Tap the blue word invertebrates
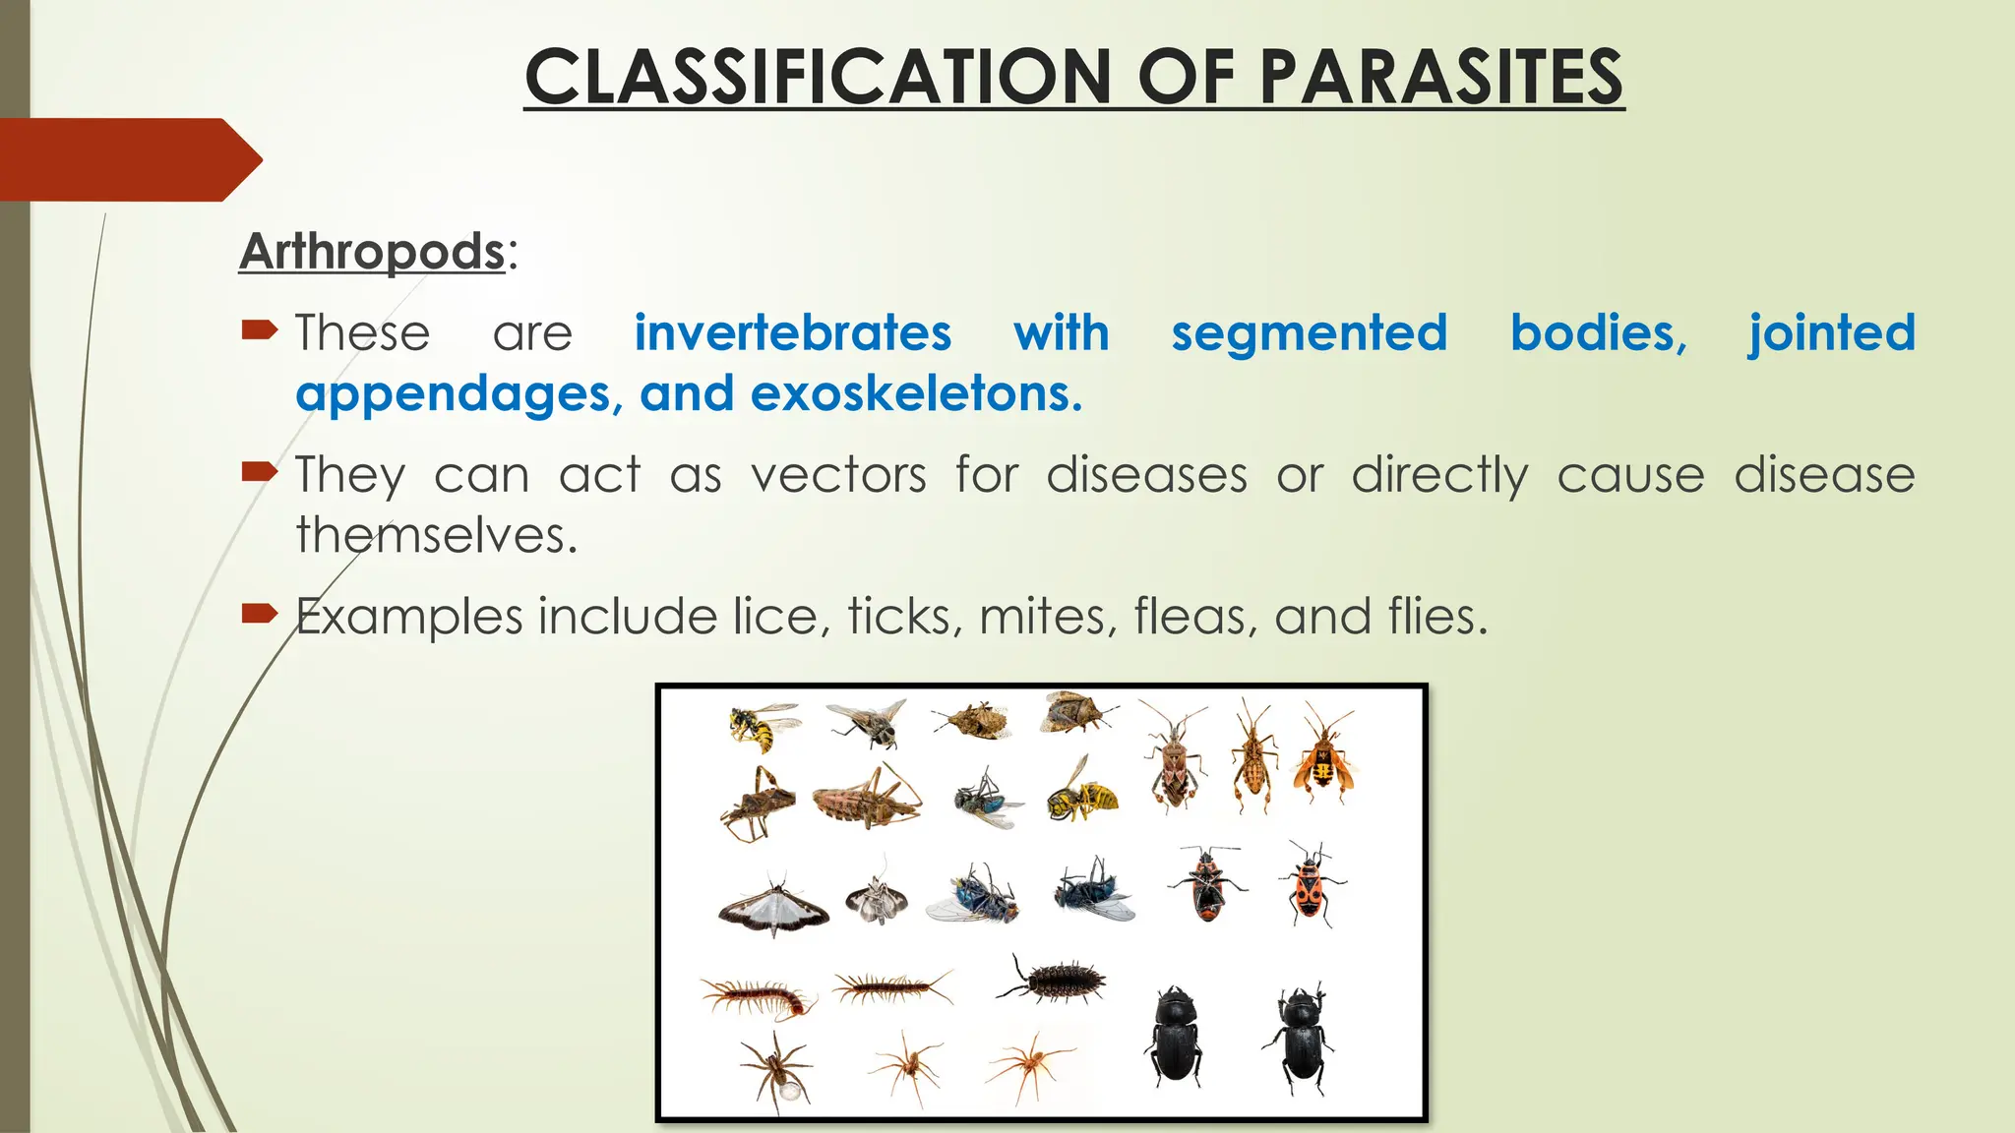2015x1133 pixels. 792,332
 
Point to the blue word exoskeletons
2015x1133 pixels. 916,393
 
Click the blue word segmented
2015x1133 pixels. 1309,332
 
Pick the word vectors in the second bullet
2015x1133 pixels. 838,475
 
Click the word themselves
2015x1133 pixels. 436,536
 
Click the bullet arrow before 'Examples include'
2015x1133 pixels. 260,615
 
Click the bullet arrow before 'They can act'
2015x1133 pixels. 260,473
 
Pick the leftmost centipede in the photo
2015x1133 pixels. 758,997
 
